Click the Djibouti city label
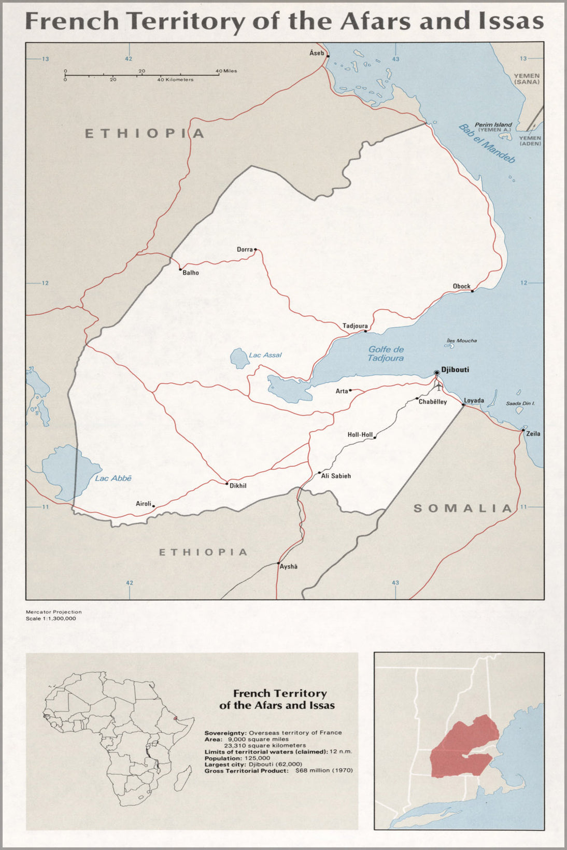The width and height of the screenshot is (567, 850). (455, 370)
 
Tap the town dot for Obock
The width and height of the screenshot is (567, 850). (472, 291)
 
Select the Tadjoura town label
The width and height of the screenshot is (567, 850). (355, 326)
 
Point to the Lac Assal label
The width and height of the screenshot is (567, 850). (265, 355)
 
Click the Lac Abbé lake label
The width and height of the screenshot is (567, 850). (113, 478)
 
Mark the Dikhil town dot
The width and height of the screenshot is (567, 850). (226, 484)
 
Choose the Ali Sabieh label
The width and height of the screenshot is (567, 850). (336, 476)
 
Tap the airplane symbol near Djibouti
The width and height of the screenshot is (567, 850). (438, 386)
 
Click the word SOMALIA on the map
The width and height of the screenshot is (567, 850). (462, 508)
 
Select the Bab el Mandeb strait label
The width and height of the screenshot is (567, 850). (487, 144)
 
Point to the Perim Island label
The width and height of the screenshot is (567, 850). (493, 124)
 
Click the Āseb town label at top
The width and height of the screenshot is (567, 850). (316, 53)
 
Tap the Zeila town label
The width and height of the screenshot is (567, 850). (533, 434)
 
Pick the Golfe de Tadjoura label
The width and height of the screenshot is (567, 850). (386, 353)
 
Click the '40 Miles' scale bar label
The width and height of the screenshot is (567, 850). (226, 70)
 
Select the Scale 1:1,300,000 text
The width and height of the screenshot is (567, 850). (51, 618)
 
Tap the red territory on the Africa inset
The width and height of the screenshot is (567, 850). (176, 718)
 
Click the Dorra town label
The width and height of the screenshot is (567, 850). (245, 249)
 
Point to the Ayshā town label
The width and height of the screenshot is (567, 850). (289, 566)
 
